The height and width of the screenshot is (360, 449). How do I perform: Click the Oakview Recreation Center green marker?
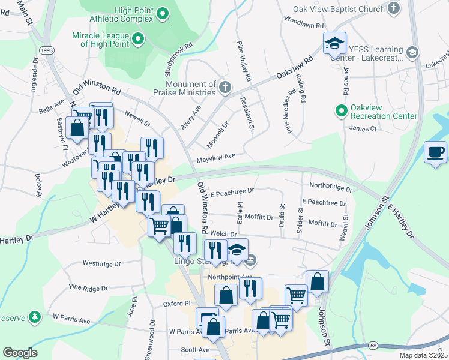pyautogui.click(x=342, y=110)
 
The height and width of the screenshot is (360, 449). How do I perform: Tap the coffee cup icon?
pyautogui.click(x=435, y=152)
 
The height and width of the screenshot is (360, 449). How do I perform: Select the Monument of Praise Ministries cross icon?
pyautogui.click(x=224, y=88)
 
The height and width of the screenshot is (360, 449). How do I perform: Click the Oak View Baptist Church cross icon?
pyautogui.click(x=393, y=8)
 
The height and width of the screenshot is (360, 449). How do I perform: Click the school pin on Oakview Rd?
pyautogui.click(x=334, y=43)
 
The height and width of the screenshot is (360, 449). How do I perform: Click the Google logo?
pyautogui.click(x=20, y=353)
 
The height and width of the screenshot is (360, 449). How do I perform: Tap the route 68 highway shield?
pyautogui.click(x=374, y=346)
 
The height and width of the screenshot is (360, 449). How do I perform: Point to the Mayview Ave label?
pyautogui.click(x=215, y=159)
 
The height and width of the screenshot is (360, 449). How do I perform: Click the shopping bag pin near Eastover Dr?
pyautogui.click(x=77, y=127)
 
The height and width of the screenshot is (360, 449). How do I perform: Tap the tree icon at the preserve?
pyautogui.click(x=35, y=316)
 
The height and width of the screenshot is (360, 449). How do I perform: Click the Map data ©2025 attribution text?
pyautogui.click(x=423, y=355)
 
